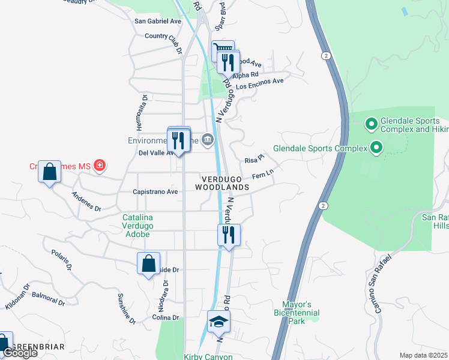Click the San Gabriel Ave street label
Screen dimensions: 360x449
[158, 21]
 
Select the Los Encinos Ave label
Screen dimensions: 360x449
[259, 83]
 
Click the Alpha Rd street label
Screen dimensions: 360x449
[245, 75]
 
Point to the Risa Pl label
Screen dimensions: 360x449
[255, 160]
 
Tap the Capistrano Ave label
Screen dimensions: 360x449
[155, 192]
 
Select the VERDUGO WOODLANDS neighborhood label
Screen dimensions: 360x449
[221, 183]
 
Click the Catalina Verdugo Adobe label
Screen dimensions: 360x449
[137, 226]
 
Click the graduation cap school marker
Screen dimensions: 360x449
[218, 322]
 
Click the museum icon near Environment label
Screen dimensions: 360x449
[208, 140]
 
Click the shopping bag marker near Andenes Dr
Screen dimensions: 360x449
[49, 172]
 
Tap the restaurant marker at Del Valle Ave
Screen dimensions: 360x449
[178, 140]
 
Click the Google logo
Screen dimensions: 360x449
[20, 353]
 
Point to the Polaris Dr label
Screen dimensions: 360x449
[62, 260]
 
